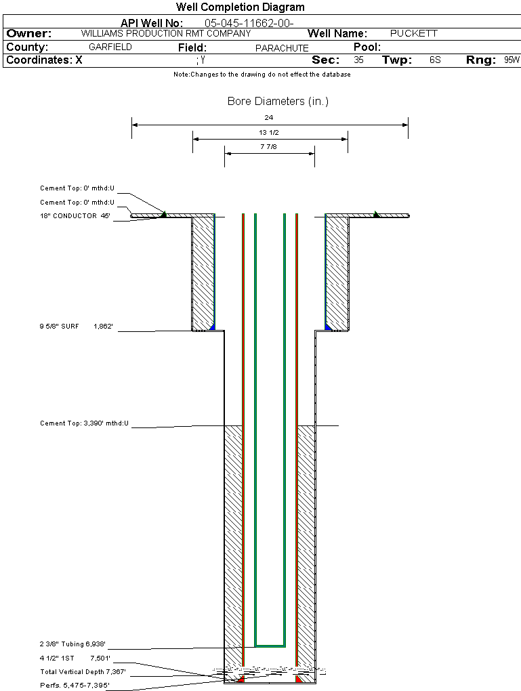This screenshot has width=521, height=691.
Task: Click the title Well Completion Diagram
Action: click(240, 7)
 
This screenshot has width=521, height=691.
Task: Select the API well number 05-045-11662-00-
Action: click(249, 23)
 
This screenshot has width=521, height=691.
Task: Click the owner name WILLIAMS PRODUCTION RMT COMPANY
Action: click(166, 33)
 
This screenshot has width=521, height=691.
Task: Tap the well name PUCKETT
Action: click(414, 33)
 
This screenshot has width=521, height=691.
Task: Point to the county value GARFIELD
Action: click(110, 47)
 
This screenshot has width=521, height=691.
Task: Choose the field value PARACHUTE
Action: click(282, 48)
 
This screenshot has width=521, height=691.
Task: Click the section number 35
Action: click(358, 60)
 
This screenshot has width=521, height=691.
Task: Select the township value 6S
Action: click(435, 60)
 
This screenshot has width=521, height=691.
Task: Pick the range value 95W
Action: click(512, 60)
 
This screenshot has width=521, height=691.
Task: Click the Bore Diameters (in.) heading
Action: click(278, 102)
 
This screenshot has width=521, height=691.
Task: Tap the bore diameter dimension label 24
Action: click(269, 118)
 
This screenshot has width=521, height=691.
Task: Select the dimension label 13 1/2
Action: click(269, 133)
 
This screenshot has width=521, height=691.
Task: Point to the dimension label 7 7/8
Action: click(269, 146)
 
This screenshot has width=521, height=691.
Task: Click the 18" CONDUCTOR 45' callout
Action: click(75, 216)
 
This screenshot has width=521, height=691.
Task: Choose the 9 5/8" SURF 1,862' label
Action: click(76, 327)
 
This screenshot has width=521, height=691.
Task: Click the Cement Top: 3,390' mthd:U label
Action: click(84, 423)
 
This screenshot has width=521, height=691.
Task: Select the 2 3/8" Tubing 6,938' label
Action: click(72, 644)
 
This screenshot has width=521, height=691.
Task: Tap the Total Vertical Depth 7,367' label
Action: click(83, 672)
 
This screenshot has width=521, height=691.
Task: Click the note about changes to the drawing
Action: click(262, 75)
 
